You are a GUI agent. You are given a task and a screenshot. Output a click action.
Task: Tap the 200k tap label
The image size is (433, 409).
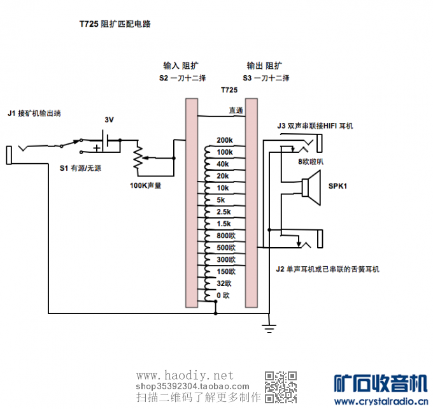coord(225,140)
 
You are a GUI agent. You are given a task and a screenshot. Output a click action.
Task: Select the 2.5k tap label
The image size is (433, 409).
coord(224,212)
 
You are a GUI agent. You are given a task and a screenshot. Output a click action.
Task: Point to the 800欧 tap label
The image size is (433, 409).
coord(225,236)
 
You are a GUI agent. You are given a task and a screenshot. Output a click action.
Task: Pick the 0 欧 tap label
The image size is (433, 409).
coord(223,296)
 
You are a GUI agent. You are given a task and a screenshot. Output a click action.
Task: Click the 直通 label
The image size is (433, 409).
coord(236,110)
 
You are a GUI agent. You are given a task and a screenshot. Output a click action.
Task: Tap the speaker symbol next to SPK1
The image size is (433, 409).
coord(312,187)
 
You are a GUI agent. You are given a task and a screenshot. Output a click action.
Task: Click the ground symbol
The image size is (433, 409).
coord(269,327)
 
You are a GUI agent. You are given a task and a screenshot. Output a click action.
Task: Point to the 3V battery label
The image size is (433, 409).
coord(109,120)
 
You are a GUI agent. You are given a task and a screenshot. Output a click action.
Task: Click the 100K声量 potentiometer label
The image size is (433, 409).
coord(145,185)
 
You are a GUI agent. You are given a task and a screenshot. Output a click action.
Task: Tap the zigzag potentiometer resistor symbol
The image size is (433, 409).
coord(138,157)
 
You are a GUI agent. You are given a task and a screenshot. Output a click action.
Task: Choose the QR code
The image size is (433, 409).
coord(280,386)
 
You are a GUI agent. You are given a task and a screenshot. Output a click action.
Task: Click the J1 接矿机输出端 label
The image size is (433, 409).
coord(38,113)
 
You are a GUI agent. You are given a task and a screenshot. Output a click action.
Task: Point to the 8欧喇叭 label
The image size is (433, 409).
coord(311,161)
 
